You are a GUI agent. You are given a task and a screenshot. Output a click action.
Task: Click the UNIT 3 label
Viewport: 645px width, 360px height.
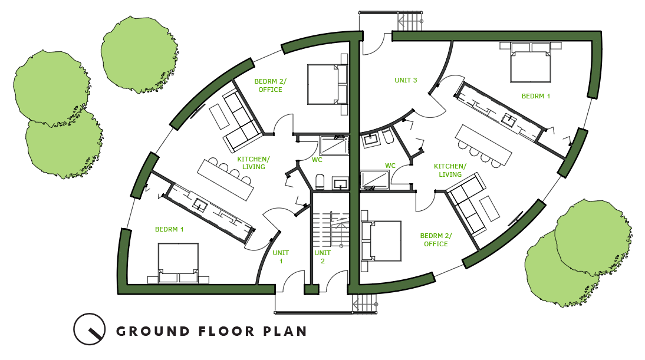406,80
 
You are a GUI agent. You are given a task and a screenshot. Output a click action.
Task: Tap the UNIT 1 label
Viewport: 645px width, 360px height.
281,257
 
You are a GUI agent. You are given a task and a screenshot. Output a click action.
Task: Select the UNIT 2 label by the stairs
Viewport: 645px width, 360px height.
322,257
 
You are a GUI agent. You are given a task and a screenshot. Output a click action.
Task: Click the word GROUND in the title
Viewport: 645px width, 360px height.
153,331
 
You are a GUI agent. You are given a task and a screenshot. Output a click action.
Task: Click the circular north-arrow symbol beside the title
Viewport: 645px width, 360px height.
89,329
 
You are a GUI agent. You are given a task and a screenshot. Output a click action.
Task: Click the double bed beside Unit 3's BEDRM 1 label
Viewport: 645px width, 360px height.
530,62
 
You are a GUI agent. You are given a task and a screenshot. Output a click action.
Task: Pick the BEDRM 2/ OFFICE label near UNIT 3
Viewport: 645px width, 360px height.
436,240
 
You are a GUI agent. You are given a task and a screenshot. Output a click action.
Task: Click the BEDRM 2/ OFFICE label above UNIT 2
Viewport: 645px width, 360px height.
270,85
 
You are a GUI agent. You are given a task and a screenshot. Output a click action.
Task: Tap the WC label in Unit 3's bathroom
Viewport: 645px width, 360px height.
390,166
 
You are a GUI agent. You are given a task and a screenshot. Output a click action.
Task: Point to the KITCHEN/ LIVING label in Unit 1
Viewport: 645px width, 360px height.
254,163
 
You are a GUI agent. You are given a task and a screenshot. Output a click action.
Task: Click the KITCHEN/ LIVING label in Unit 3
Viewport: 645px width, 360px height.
450,170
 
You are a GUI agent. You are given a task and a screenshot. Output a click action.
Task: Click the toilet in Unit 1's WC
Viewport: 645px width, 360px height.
320,181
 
